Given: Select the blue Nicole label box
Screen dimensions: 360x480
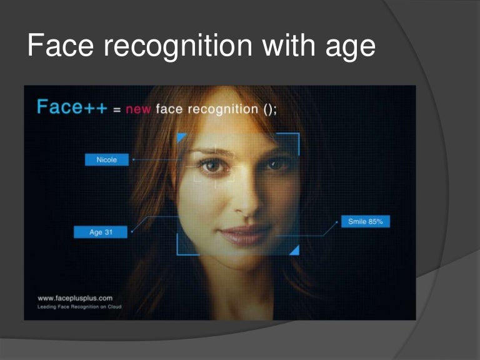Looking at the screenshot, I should click(106, 160).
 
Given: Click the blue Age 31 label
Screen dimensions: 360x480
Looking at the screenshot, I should click(100, 232).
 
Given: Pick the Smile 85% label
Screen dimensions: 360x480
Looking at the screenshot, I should click(365, 221).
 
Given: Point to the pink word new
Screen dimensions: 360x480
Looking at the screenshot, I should click(138, 109).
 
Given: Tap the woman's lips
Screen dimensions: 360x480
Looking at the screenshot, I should click(242, 235).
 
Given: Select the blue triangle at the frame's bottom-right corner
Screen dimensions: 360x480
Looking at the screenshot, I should click(294, 250).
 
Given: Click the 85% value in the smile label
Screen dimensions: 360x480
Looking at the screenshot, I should click(376, 221).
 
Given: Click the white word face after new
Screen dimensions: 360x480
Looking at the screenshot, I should click(171, 109).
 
